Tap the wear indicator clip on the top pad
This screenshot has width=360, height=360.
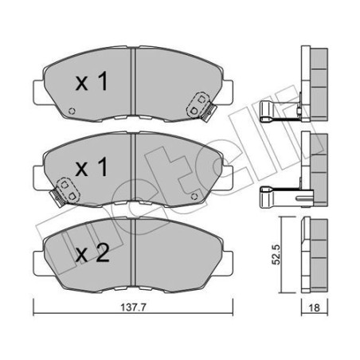[198, 103]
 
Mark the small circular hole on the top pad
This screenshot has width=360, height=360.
[72, 111]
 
